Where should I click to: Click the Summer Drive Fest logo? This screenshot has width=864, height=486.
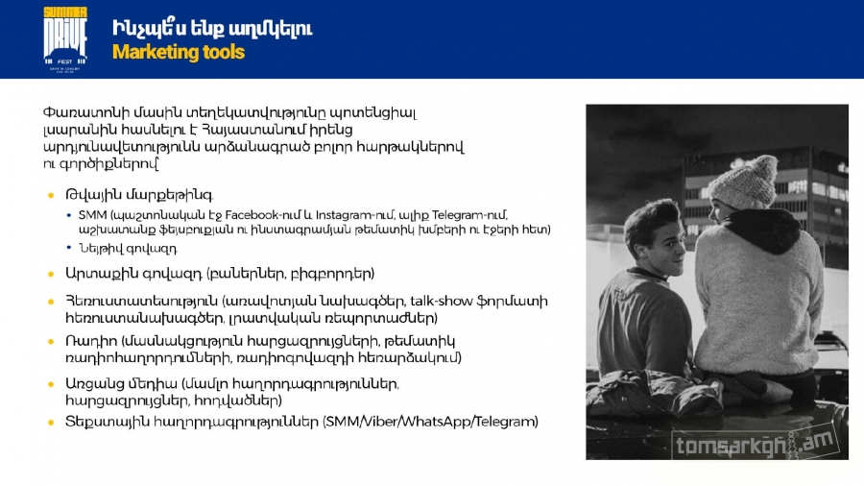point(65,39)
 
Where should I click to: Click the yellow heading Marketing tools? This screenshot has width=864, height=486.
point(179,53)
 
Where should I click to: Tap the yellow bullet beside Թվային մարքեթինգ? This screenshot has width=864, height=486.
point(51,195)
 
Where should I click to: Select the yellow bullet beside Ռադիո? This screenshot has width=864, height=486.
point(51,342)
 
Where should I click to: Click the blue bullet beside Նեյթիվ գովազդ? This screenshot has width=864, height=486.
point(69,248)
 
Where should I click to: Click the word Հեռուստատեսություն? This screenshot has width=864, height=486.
point(142,302)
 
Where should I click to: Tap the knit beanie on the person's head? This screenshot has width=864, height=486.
point(744,182)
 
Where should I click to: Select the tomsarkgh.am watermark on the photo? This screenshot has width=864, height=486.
point(755,444)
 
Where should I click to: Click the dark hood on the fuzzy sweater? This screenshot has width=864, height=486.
point(762,231)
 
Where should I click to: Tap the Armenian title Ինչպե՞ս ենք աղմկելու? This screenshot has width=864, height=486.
point(212,28)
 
